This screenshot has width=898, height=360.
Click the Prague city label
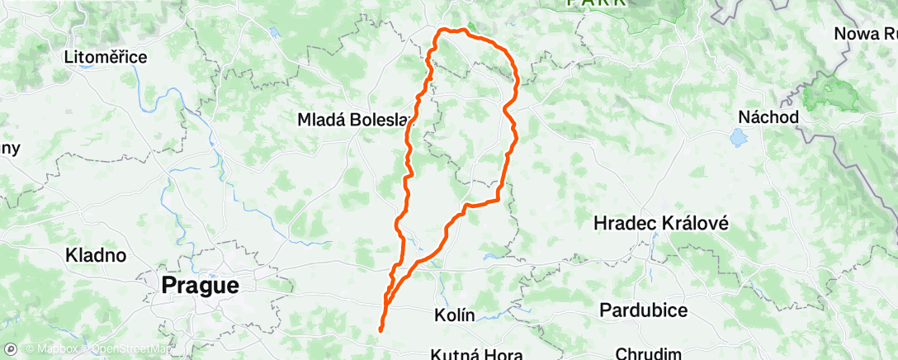point(201,286)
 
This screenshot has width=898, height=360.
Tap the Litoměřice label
point(106,58)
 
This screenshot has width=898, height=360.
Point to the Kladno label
point(96,255)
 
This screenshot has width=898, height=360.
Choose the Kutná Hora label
point(476,354)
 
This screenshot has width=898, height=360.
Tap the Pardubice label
point(644,310)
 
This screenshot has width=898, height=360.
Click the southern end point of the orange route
point(380,330)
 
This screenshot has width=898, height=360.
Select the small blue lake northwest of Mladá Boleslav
point(272,33)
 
